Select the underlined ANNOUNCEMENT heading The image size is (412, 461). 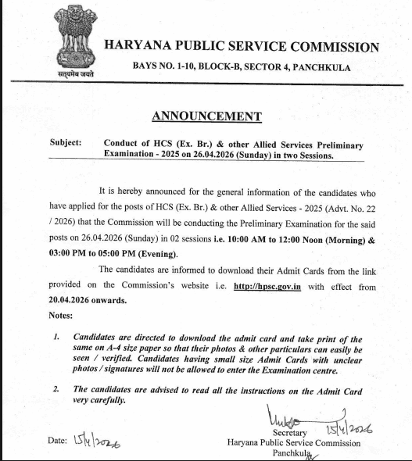[206, 116]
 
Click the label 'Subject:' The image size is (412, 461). [65, 143]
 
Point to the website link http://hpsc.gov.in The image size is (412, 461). [267, 287]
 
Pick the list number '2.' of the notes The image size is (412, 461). [56, 388]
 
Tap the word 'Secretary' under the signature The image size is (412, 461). [290, 432]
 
